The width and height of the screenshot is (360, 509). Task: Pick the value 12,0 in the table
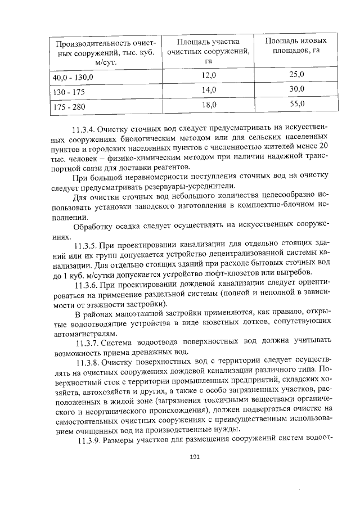pyautogui.click(x=209, y=75)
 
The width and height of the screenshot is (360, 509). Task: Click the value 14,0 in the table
pyautogui.click(x=209, y=90)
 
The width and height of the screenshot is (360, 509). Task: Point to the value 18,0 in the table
pyautogui.click(x=209, y=105)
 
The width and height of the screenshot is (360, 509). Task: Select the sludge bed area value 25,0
pyautogui.click(x=296, y=74)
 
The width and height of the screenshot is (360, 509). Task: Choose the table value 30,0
pyautogui.click(x=296, y=89)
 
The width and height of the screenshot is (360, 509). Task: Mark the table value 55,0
pyautogui.click(x=296, y=103)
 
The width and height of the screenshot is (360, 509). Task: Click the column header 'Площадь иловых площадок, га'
pyautogui.click(x=296, y=46)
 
